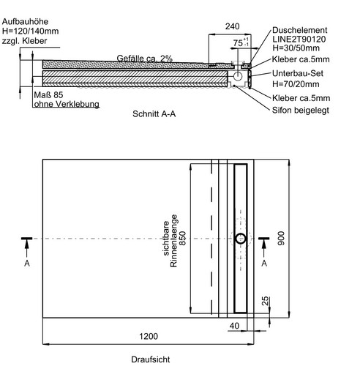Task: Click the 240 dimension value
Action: (x=232, y=26)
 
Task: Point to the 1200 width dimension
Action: (x=149, y=337)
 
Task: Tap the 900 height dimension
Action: (x=281, y=239)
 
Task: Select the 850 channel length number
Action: (x=182, y=239)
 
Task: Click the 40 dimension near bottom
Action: (x=234, y=326)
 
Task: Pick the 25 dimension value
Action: (x=265, y=301)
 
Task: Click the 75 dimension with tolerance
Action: (x=241, y=42)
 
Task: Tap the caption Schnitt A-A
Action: (x=154, y=114)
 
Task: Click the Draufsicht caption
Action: (x=151, y=359)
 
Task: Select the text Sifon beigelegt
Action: (x=301, y=111)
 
